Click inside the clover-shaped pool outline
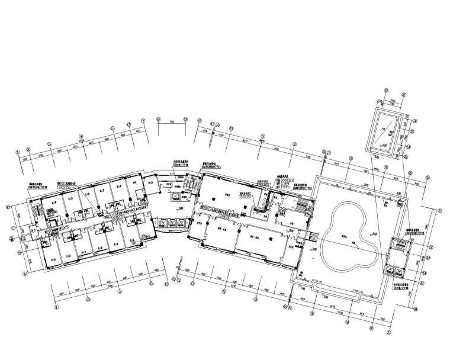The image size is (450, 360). click(x=349, y=234)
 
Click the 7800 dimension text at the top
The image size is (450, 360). click(x=172, y=121)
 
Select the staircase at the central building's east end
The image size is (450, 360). click(x=303, y=207)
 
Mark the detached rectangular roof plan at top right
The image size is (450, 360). click(x=387, y=134)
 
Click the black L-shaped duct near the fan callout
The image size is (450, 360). click(x=259, y=204)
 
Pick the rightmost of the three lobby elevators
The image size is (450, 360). click(x=179, y=223)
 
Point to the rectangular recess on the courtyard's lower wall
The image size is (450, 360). click(x=337, y=290)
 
